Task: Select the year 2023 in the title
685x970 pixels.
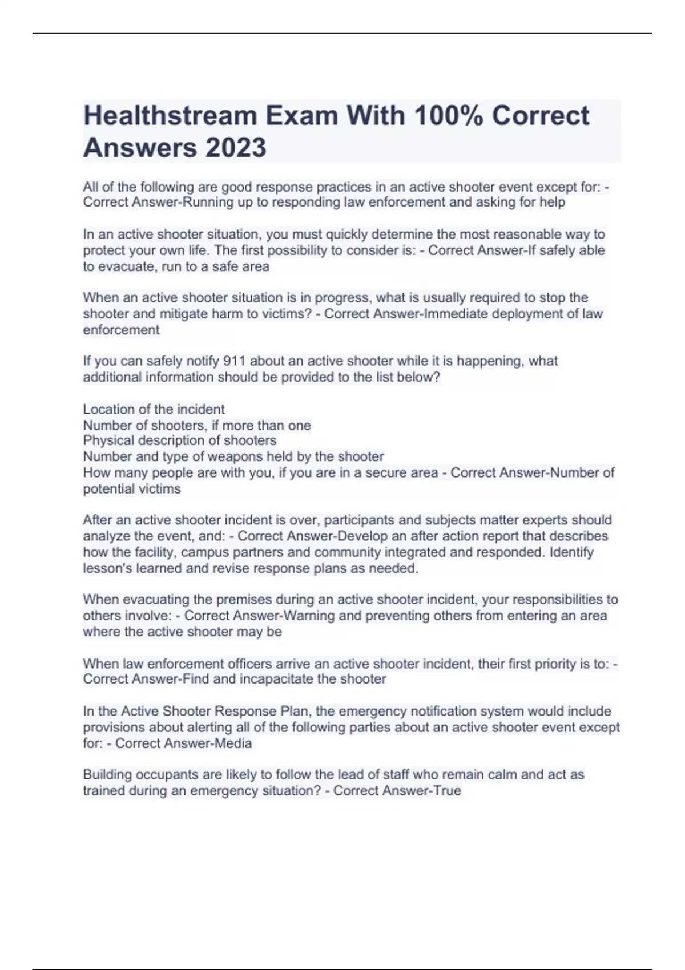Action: pyautogui.click(x=235, y=147)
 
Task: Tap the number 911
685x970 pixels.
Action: pyautogui.click(x=234, y=361)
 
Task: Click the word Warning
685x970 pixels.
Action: pyautogui.click(x=309, y=616)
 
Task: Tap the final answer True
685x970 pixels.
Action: pyautogui.click(x=447, y=791)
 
